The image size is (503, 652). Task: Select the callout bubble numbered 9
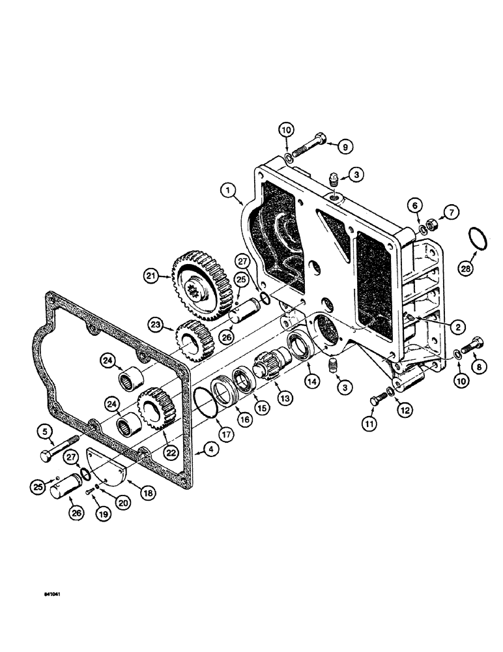(345, 146)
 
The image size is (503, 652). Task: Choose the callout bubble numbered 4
(209, 449)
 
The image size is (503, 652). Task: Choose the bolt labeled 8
(472, 345)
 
